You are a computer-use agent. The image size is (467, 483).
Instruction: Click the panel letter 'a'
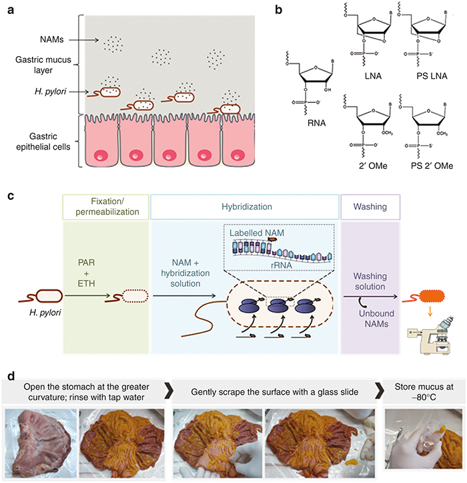10,10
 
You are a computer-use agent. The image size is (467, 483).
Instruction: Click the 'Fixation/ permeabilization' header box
106,208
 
